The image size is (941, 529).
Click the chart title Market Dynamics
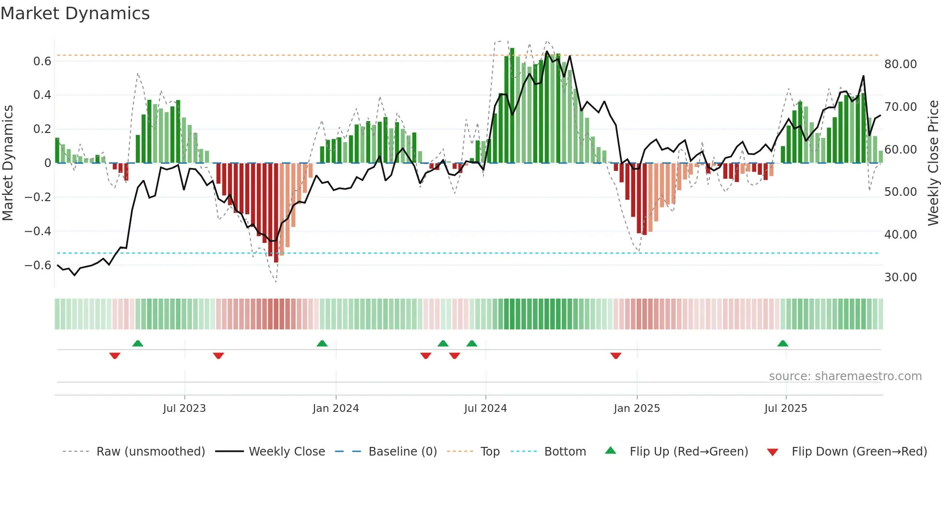[75, 13]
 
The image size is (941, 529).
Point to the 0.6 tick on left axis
[42, 61]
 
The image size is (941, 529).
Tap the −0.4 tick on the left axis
[38, 231]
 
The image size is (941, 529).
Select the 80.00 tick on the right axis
[900, 64]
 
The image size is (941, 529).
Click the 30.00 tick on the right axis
[900, 277]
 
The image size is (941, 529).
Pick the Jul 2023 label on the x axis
[184, 409]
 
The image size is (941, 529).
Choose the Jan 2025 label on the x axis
[637, 409]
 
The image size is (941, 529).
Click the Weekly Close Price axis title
[933, 163]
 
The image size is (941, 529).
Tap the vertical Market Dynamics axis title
[8, 163]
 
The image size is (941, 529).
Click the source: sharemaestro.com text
[845, 376]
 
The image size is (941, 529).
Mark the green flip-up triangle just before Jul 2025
[783, 343]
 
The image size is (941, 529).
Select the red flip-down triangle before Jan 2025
[616, 356]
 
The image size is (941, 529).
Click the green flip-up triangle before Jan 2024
[322, 343]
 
